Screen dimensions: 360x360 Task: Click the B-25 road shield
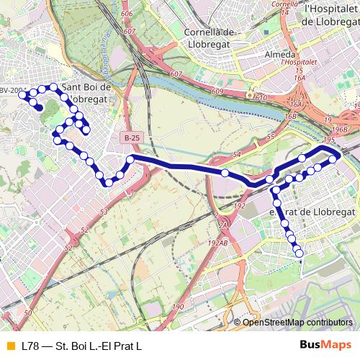pos(132,137)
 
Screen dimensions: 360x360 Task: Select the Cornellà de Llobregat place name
pos(210,38)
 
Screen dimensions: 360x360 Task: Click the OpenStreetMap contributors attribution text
pos(297,322)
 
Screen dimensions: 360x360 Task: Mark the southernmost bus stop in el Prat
pos(299,252)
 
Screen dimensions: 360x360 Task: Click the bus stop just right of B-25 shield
pos(130,158)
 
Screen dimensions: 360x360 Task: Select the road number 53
pos(103,212)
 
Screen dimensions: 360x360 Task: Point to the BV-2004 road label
pos(12,90)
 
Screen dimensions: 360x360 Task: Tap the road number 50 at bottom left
pos(27,313)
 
